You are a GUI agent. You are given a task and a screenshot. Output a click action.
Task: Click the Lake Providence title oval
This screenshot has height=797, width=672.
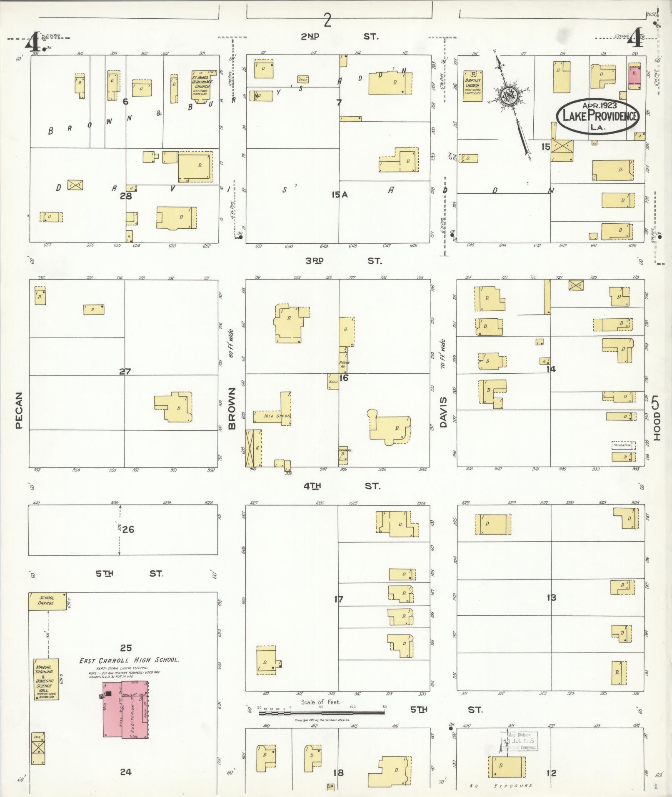[597, 116]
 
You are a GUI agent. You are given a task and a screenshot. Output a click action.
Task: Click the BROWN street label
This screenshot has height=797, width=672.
[232, 408]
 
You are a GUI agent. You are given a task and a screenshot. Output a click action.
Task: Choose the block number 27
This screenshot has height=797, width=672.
[125, 371]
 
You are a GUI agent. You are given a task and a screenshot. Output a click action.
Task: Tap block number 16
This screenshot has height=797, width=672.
[344, 378]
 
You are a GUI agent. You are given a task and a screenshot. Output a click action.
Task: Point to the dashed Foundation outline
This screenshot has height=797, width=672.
[622, 445]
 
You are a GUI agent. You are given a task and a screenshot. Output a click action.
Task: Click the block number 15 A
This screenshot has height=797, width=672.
[339, 194]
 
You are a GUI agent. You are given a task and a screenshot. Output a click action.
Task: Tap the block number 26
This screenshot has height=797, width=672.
[128, 530]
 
